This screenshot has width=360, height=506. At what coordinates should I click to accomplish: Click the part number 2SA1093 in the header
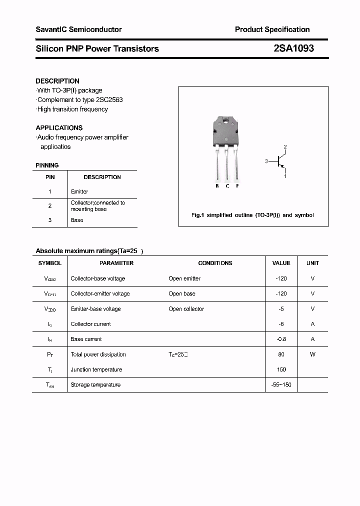pos(293,48)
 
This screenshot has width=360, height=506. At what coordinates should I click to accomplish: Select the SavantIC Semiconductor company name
pos(78,29)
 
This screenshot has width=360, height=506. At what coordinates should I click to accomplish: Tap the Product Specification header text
pos(272,29)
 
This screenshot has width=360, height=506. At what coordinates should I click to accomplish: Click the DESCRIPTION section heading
pos(57,81)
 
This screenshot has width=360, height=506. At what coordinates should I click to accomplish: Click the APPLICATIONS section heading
pos(59,127)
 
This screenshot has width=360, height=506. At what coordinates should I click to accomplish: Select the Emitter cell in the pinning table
pos(79,191)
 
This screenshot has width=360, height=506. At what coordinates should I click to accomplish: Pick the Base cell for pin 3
pos(77,220)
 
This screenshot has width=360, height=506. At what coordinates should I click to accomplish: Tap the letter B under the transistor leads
pos(217,186)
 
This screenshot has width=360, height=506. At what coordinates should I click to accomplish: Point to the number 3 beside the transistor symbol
pos(266,161)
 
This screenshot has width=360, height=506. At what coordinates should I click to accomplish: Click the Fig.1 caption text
pos(252,215)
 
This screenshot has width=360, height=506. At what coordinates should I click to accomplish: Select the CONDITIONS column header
pos(215,263)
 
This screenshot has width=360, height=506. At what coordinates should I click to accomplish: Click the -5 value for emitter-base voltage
pos(281,309)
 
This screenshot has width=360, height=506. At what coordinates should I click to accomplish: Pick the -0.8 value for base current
pos(281,339)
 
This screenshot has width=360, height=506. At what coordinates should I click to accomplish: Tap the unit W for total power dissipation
pos(312,354)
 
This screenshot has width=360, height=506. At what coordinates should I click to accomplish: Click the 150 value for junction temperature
pos(281,369)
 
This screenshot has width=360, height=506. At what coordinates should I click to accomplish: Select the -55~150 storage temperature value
pos(281,384)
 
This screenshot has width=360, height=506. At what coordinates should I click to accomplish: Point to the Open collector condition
pos(186,309)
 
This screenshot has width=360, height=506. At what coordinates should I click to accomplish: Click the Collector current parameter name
pos(90,324)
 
